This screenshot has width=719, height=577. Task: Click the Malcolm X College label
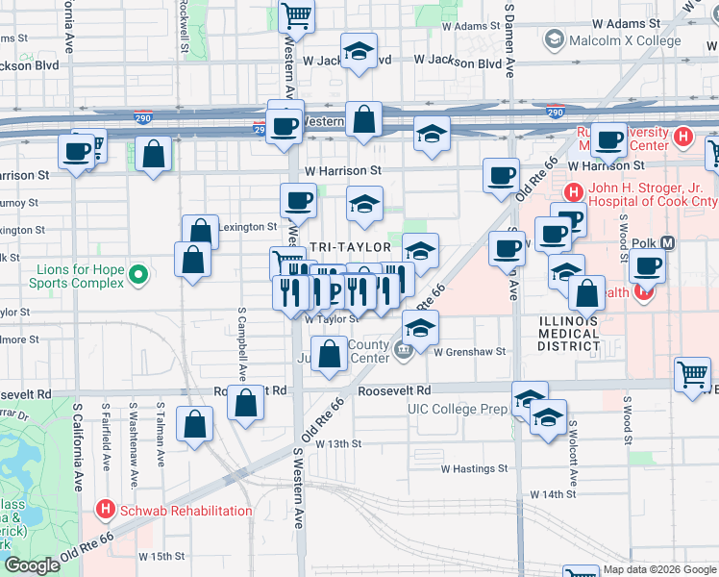(625, 40)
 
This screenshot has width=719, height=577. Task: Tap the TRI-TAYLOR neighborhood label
(351, 247)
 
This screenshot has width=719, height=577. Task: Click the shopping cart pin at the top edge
(297, 15)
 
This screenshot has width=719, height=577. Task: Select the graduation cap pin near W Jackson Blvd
(359, 52)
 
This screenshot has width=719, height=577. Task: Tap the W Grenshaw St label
(469, 352)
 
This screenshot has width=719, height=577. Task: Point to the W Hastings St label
(474, 468)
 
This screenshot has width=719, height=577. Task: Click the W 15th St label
(161, 556)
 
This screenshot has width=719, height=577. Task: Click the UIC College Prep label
(457, 409)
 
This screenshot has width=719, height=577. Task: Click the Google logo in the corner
(32, 565)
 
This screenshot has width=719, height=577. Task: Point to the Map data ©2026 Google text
(658, 569)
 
